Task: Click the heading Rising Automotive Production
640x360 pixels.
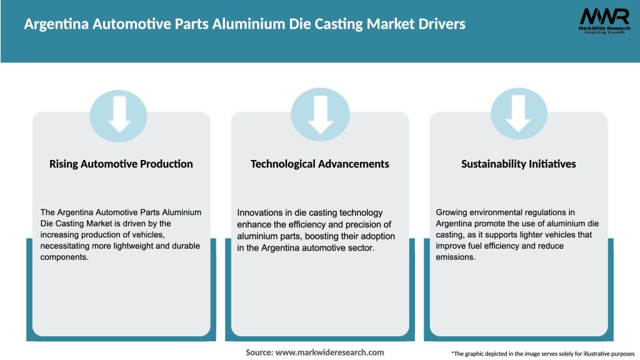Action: [x=121, y=164]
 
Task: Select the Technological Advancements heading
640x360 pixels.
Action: [x=319, y=164]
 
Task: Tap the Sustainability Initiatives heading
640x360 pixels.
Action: [x=519, y=164]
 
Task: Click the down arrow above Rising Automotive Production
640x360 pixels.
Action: [x=119, y=113]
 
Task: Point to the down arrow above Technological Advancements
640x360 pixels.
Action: [x=320, y=113]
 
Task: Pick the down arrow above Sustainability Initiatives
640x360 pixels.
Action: [x=519, y=113]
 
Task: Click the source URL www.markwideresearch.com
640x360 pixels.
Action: [x=329, y=352]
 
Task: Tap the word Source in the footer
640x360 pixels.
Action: [x=258, y=352]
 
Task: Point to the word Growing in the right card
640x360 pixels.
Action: [x=452, y=213]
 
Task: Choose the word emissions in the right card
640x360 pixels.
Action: [x=456, y=257]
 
